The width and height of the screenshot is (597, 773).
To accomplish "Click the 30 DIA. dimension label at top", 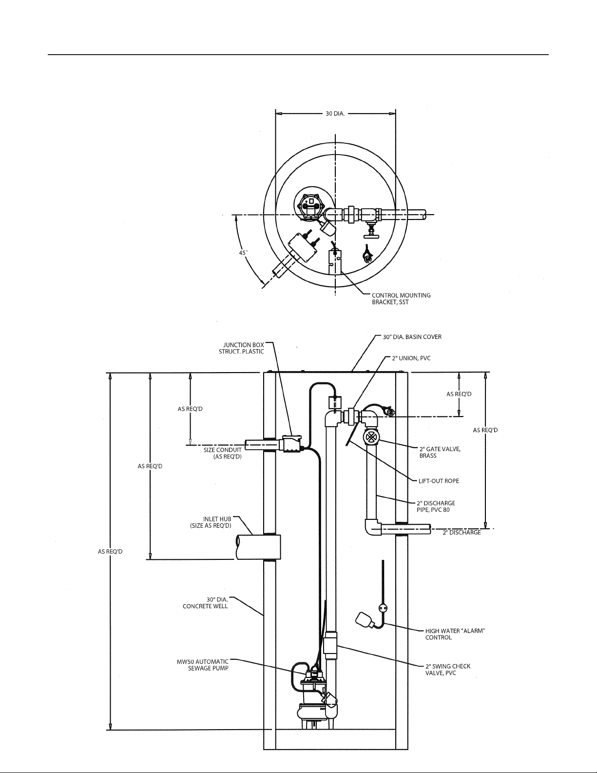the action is [335, 114].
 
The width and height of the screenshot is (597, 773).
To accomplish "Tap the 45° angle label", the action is [243, 253].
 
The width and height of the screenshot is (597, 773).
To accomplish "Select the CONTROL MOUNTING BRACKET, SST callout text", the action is [401, 299].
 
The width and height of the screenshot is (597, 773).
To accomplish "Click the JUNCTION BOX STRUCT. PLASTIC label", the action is [241, 348].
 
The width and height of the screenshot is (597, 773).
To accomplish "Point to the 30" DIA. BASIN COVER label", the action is [412, 337].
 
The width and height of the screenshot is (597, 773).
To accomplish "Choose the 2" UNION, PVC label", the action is [411, 358].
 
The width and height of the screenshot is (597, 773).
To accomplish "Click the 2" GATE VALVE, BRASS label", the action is [440, 452].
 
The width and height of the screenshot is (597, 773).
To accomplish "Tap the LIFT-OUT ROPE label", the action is [439, 481].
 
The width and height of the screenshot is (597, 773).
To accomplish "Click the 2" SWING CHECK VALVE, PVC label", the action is [448, 670].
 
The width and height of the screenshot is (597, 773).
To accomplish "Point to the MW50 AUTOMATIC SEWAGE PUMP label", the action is [203, 665].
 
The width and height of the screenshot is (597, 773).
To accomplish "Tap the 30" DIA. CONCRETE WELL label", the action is [205, 603].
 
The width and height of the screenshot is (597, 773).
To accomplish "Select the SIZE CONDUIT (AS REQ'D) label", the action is [222, 453].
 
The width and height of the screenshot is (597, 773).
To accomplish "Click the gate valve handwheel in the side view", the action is [371, 437].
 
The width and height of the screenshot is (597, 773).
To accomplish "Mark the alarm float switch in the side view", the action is [364, 619].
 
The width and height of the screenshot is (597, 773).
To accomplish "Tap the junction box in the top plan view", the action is [303, 248].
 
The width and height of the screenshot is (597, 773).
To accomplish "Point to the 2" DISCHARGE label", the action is [462, 542].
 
